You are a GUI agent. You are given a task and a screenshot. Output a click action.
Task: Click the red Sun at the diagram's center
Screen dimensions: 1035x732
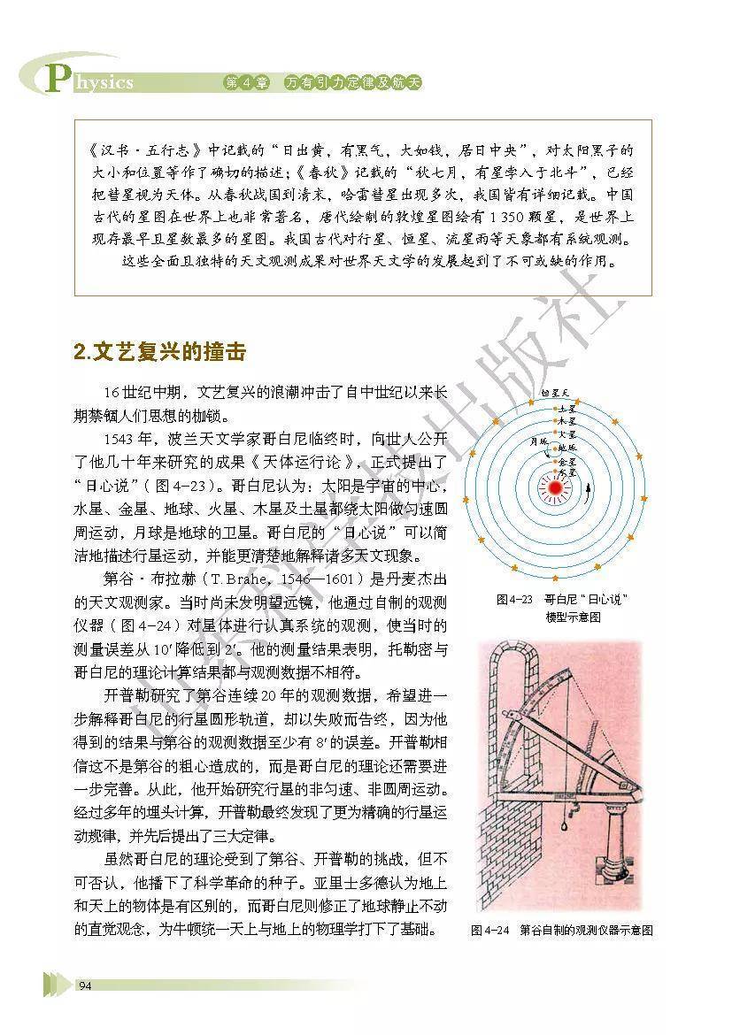[556, 486]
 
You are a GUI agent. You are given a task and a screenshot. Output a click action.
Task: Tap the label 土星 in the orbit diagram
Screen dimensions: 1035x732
[566, 410]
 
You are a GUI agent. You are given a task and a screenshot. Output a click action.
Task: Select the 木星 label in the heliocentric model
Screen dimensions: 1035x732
[566, 422]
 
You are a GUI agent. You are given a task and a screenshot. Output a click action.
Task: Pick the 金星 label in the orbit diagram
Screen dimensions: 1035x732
[566, 462]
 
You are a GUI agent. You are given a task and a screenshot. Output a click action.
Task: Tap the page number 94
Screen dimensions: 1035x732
[86, 986]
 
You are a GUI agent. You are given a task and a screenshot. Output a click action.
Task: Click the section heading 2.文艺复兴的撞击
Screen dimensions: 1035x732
[158, 351]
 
